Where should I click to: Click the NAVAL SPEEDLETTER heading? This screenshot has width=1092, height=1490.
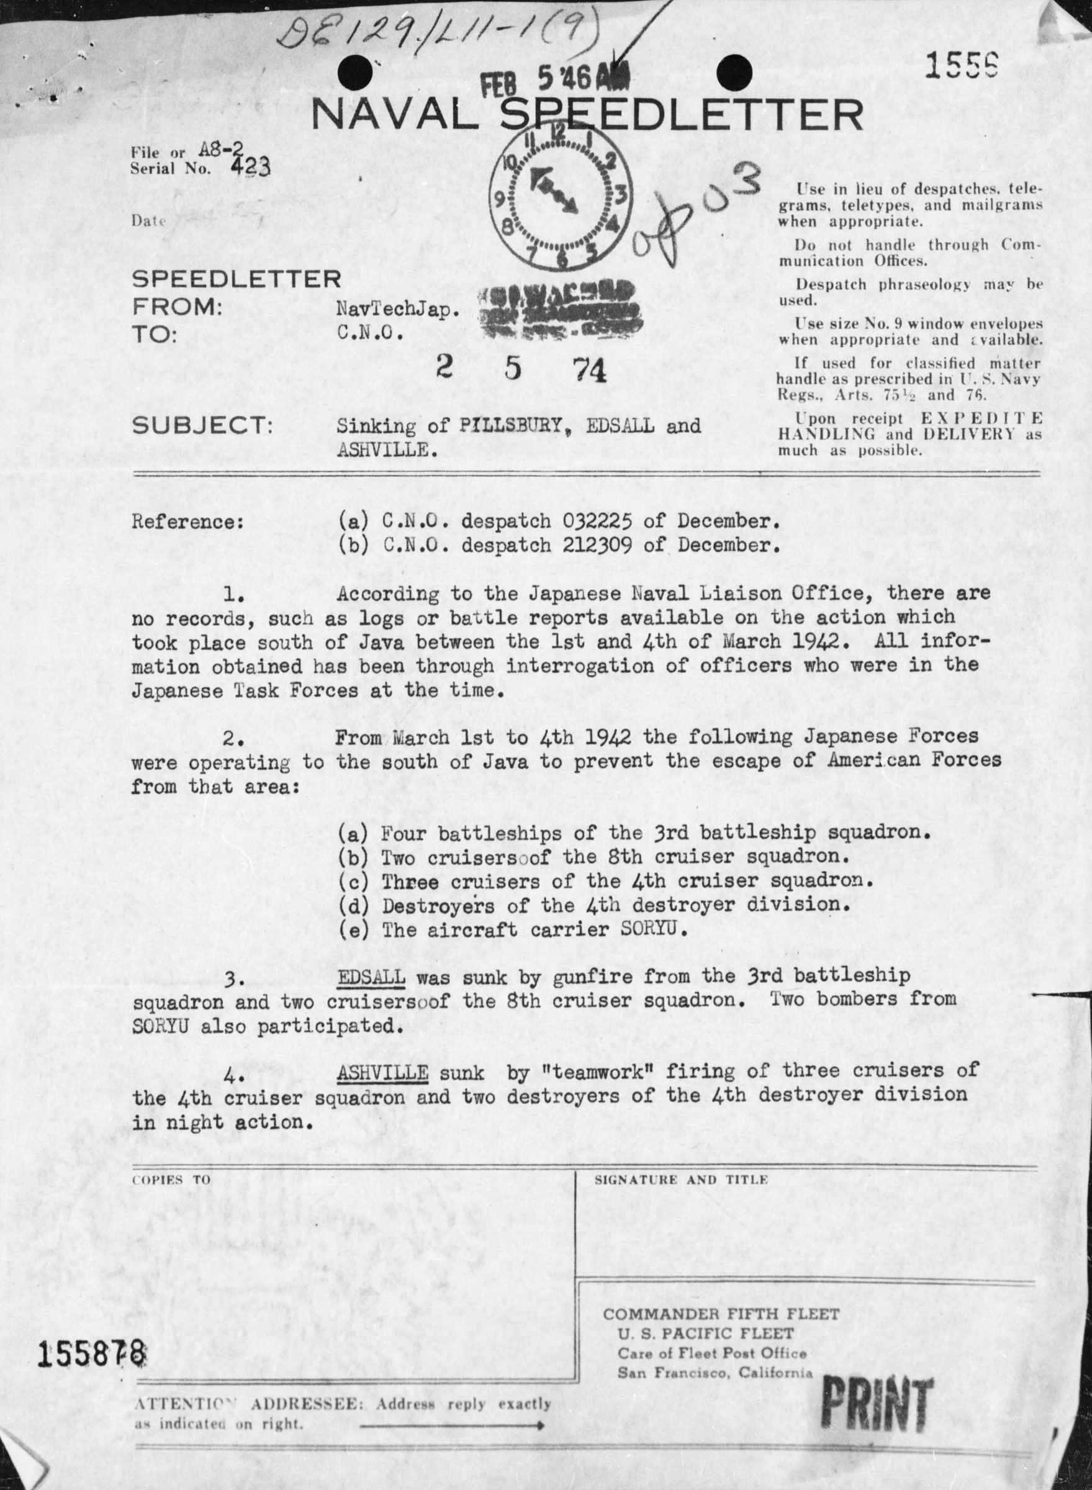coord(587,116)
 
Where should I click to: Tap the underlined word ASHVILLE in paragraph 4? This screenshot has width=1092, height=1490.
coord(382,1072)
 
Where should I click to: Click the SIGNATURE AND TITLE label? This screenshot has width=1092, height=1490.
coord(681,1180)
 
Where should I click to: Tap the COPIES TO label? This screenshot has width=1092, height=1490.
coord(171,1180)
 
